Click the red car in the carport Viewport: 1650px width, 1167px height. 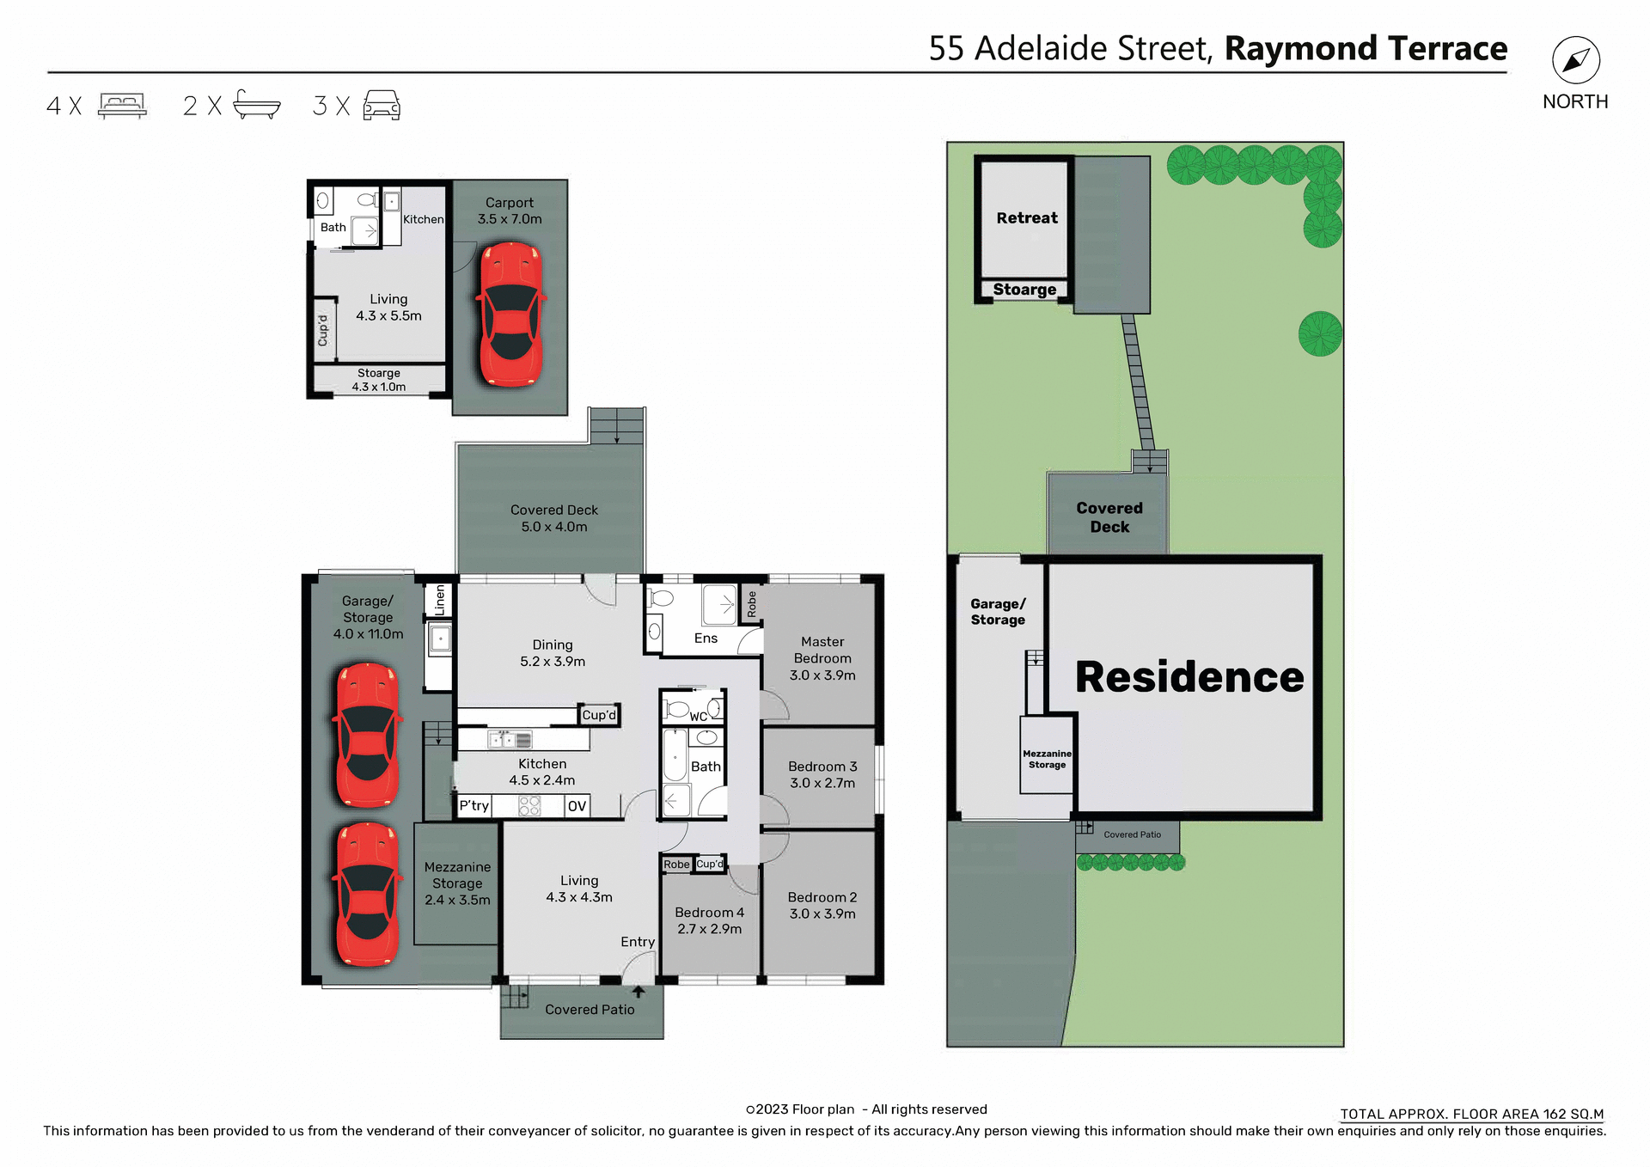pos(510,314)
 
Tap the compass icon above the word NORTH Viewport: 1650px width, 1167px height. pos(1575,61)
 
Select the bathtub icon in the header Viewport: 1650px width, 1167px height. pos(256,105)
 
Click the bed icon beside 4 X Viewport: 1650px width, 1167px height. pos(122,105)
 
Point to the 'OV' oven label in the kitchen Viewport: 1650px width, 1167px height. pos(577,806)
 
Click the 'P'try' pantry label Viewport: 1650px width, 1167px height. pos(474,805)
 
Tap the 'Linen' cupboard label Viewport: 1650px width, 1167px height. pos(440,600)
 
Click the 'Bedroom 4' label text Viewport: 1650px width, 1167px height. pos(709,913)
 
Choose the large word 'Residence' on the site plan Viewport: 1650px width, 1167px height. pos(1189,677)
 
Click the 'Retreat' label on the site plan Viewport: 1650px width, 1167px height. pos(1027,218)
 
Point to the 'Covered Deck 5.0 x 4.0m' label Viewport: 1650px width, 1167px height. pos(553,518)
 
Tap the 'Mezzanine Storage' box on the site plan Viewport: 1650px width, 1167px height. pos(1047,759)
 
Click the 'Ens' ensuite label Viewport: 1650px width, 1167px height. pos(706,638)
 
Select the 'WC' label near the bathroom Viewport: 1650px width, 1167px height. pos(699,717)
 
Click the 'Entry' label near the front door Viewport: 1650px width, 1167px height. pos(638,942)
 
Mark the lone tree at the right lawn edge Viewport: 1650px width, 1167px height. pos(1320,333)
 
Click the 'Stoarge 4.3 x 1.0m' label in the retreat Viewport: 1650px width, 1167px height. pos(379,380)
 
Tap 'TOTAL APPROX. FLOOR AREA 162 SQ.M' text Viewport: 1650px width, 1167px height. pos(1471,1114)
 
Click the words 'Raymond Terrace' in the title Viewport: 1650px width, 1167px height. pos(1366,49)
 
